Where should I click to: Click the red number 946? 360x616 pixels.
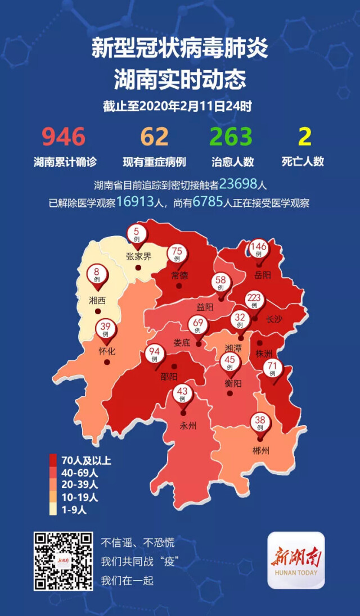64,137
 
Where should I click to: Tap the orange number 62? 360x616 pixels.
154,137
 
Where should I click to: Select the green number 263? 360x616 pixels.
232,137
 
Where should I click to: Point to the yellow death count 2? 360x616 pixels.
304,137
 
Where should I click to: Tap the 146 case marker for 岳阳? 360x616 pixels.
259,249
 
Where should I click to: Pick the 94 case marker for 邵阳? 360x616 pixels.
154,356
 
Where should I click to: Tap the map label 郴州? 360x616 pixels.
261,450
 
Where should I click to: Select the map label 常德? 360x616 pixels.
179,275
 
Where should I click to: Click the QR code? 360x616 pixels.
63,560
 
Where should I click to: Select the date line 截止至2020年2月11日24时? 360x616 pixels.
179,106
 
